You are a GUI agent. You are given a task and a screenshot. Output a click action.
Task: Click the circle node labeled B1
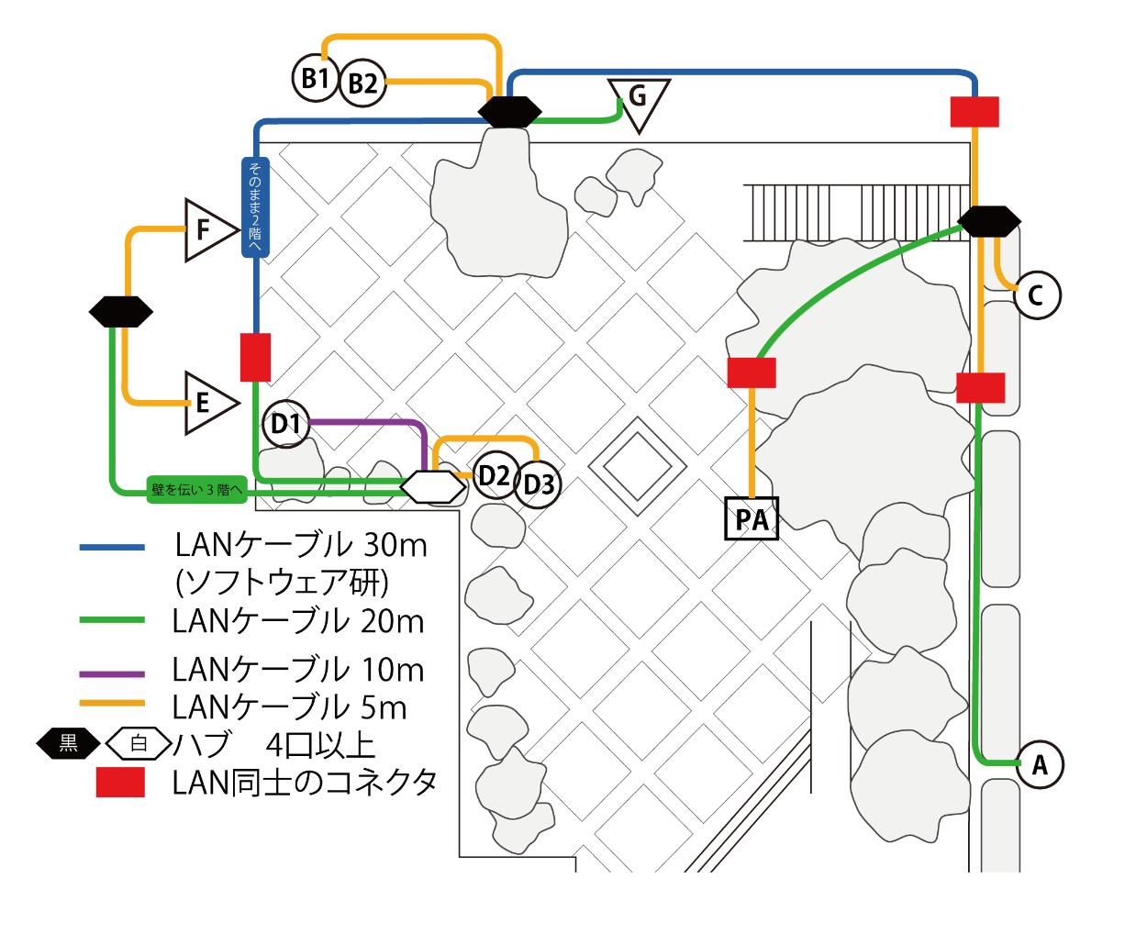pos(315,78)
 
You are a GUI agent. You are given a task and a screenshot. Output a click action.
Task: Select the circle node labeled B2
pos(362,83)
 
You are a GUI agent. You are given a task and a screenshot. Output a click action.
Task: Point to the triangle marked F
pos(206,229)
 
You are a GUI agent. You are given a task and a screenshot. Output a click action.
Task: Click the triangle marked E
pos(206,403)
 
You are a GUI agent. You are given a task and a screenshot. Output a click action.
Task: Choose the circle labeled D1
pos(285,424)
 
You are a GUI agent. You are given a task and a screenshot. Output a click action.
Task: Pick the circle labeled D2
pos(495,475)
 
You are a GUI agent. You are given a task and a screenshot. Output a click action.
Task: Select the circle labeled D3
pos(539,484)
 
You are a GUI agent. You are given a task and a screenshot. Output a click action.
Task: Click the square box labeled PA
pos(752,519)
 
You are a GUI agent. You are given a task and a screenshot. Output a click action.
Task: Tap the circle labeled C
pos(1037,295)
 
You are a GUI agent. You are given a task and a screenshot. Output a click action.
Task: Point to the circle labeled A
pos(1040,764)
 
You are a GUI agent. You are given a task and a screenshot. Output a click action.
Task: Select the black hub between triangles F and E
pos(121,312)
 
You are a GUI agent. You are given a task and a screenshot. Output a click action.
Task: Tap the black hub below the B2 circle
pos(509,112)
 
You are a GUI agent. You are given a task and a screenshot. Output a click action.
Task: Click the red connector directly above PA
pos(752,372)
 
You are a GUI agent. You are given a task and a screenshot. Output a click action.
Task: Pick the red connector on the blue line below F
pos(255,357)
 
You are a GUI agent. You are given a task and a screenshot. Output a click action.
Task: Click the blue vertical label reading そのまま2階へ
pos(254,207)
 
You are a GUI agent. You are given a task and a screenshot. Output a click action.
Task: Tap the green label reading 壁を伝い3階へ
pos(197,489)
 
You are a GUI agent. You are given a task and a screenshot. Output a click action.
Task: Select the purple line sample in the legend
pos(112,674)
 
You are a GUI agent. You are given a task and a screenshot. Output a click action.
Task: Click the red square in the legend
pos(120,783)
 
